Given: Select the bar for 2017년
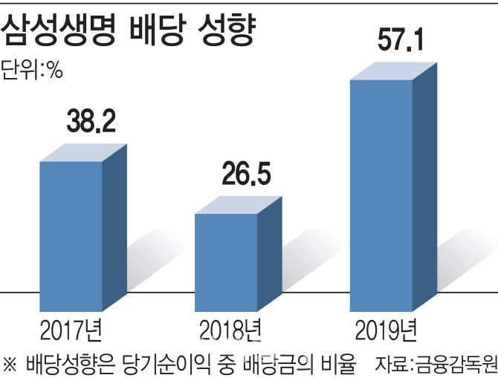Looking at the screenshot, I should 71,235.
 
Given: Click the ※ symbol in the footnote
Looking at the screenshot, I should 10,364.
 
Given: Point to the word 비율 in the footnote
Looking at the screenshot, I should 342,364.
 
